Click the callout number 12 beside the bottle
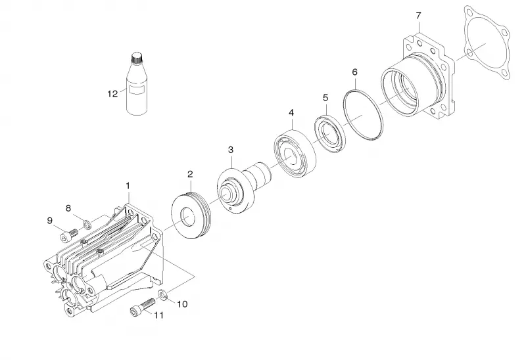tap(112, 93)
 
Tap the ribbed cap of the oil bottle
tap(136, 58)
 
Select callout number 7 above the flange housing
tap(418, 15)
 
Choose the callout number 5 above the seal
tap(325, 97)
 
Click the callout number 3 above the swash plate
tap(231, 150)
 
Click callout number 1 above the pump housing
tap(128, 185)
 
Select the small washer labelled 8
tap(87, 223)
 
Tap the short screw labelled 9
tap(68, 235)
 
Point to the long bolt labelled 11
tap(142, 307)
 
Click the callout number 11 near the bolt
tap(158, 315)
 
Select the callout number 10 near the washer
tap(182, 304)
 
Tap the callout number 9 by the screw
tap(50, 221)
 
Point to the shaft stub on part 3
tap(258, 174)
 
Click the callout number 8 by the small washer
tap(68, 208)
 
